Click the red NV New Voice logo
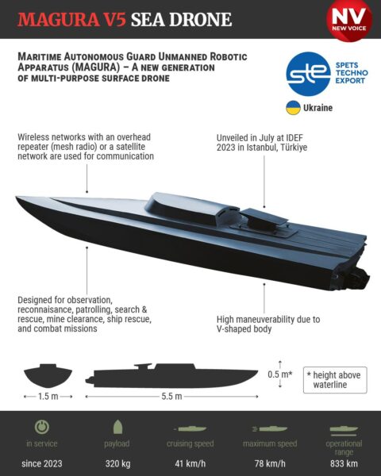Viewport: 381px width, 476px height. (349, 20)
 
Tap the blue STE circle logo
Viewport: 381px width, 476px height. (309, 74)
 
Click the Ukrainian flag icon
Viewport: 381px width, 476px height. (293, 107)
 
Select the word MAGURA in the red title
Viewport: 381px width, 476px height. (58, 20)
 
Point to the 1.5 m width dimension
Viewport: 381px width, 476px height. (48, 397)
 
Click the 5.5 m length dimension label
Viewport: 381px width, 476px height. (171, 397)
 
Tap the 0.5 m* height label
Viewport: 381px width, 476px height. (280, 374)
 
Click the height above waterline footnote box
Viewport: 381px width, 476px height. (335, 380)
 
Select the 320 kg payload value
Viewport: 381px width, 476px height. (118, 464)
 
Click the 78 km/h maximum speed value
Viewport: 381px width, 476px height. (270, 464)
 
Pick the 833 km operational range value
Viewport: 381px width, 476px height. (344, 464)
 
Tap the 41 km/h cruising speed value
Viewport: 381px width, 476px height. (190, 464)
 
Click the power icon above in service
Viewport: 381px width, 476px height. (42, 427)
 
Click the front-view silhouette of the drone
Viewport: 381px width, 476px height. (48, 375)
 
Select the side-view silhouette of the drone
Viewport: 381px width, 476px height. (171, 375)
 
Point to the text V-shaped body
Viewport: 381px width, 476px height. (244, 329)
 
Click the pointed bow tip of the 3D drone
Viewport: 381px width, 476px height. (17, 198)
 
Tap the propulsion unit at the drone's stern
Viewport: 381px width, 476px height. (360, 277)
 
